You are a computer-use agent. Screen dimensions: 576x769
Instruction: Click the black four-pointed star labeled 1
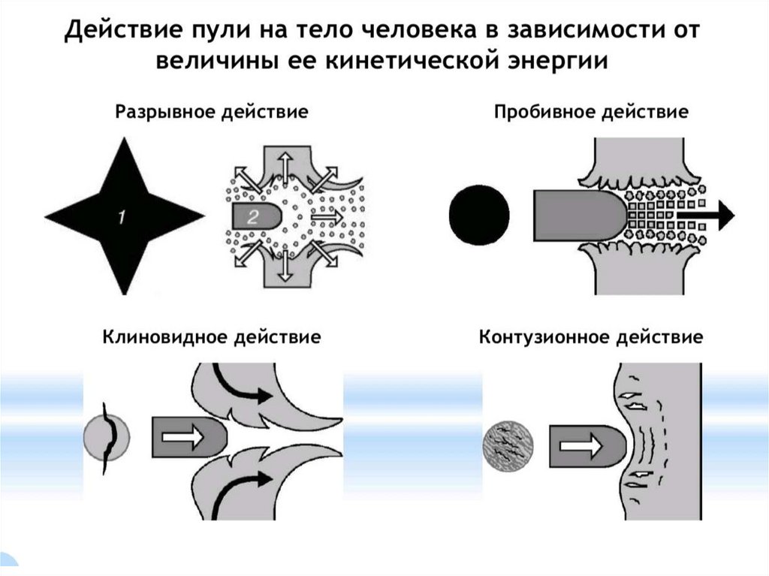tap(122, 217)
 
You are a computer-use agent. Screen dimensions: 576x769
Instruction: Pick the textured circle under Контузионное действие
tap(507, 446)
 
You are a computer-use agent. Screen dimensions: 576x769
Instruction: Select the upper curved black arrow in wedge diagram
tap(241, 382)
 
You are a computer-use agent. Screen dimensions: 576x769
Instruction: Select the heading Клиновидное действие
tap(212, 336)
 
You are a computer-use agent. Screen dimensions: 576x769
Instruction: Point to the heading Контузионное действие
tap(591, 336)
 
